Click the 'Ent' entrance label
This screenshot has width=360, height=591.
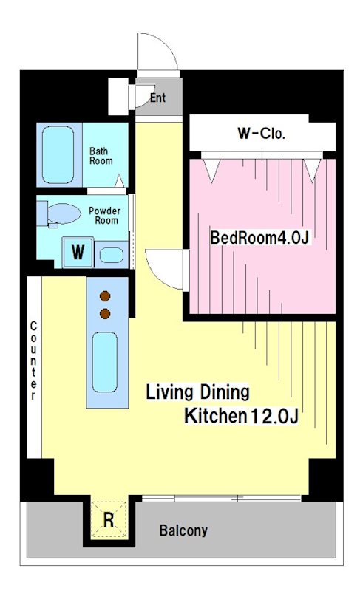(157, 98)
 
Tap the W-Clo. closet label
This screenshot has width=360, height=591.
(261, 134)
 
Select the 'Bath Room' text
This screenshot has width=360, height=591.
(101, 156)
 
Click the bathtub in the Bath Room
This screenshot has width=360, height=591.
(58, 154)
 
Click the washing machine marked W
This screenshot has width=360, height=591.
(78, 252)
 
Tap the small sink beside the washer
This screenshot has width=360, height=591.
(111, 255)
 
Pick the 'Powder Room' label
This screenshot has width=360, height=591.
(105, 215)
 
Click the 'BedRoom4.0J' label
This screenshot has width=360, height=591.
(260, 238)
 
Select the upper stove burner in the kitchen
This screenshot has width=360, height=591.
(105, 296)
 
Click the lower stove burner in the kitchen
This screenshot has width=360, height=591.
(105, 313)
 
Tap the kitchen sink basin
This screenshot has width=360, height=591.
(105, 362)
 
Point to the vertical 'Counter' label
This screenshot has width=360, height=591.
(33, 361)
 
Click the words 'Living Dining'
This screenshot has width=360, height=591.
(197, 392)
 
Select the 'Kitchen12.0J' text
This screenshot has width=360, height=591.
(241, 416)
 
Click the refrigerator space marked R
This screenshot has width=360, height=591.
(109, 520)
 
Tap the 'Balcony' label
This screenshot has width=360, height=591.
(183, 530)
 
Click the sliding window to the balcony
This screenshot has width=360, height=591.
(222, 499)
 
